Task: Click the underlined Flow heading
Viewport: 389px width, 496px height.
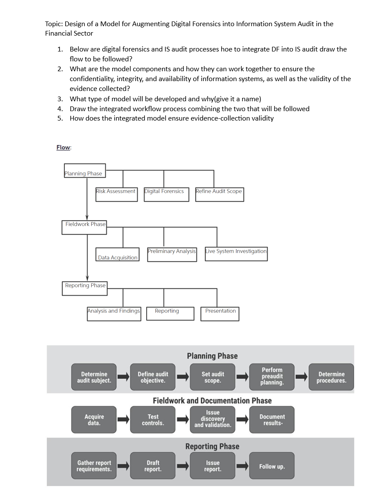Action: pos(63,147)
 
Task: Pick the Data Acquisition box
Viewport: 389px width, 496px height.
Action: pos(118,254)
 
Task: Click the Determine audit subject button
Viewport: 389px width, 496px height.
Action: pos(94,377)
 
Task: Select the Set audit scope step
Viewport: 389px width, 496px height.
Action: pos(213,377)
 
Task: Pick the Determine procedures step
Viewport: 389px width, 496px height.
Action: pos(331,377)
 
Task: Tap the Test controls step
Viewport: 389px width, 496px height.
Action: pos(153,420)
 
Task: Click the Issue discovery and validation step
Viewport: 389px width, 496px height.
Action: pos(213,419)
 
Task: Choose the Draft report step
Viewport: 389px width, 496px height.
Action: pos(153,466)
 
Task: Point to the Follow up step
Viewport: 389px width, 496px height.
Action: pos(272,466)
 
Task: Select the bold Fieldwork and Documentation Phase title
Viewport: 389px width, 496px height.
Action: pos(212,400)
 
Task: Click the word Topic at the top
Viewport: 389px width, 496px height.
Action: pos(54,24)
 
